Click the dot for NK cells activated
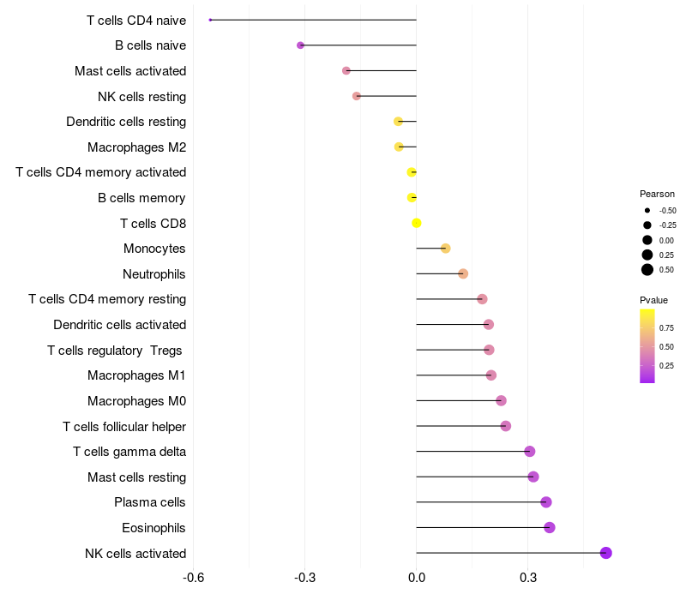click(x=605, y=553)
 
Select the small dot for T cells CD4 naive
click(x=210, y=20)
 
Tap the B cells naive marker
click(x=300, y=45)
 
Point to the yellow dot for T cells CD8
click(x=417, y=223)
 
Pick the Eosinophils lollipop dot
click(x=550, y=527)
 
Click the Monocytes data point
click(x=445, y=249)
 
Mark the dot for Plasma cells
click(x=546, y=502)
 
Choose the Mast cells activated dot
click(x=346, y=70)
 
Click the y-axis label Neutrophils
click(x=154, y=274)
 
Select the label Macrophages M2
click(x=137, y=147)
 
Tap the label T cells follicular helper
click(x=124, y=426)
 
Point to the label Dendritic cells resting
click(x=126, y=122)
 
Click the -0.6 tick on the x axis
click(x=194, y=578)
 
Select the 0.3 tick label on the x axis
click(x=528, y=578)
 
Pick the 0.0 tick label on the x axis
click(x=417, y=578)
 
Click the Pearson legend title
click(x=657, y=194)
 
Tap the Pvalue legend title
click(x=653, y=300)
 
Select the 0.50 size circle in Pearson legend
click(x=647, y=270)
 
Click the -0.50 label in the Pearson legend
click(x=667, y=211)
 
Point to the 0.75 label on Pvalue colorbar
click(x=666, y=328)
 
